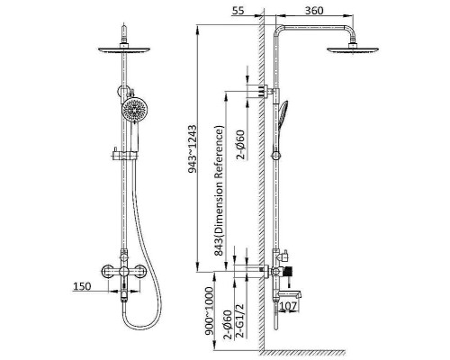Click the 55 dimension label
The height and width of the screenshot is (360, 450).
238,11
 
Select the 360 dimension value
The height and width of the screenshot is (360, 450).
314,11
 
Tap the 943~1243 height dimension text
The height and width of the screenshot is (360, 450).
193,149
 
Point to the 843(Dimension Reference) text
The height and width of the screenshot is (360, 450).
219,191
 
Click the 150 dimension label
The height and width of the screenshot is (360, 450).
82,286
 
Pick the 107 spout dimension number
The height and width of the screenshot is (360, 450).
289,306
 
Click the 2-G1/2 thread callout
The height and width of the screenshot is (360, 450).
241,320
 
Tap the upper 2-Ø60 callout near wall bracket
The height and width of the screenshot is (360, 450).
240,145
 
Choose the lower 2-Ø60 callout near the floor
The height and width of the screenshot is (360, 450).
228,325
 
